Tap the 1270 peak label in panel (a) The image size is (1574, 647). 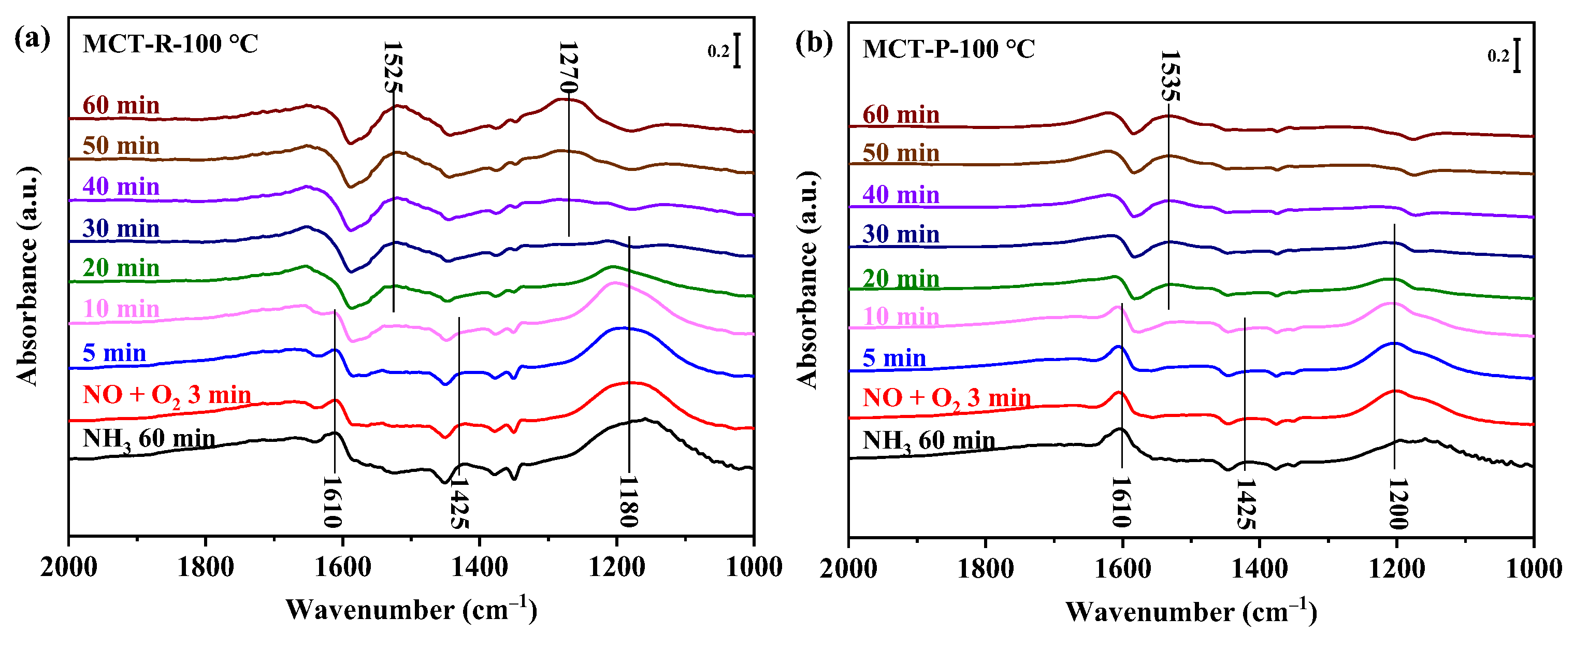click(x=568, y=67)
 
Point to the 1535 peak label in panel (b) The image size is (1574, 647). click(x=1169, y=76)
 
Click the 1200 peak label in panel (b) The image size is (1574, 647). click(x=1397, y=504)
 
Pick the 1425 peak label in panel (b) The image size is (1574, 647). click(x=1245, y=504)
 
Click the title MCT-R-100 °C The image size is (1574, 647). click(x=170, y=44)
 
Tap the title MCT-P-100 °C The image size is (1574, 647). click(x=949, y=49)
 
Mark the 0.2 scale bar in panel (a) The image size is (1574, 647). click(x=738, y=51)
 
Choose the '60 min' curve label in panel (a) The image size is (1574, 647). click(x=121, y=105)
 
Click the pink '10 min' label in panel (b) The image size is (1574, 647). click(x=901, y=317)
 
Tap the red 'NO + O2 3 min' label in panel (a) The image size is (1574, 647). click(x=166, y=395)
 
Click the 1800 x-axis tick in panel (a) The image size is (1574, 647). click(x=205, y=568)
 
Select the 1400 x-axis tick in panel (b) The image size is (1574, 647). click(x=1259, y=569)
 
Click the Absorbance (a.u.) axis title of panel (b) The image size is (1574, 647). click(x=808, y=280)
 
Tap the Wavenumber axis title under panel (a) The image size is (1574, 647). click(x=411, y=610)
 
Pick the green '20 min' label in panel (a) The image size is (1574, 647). click(x=121, y=268)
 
